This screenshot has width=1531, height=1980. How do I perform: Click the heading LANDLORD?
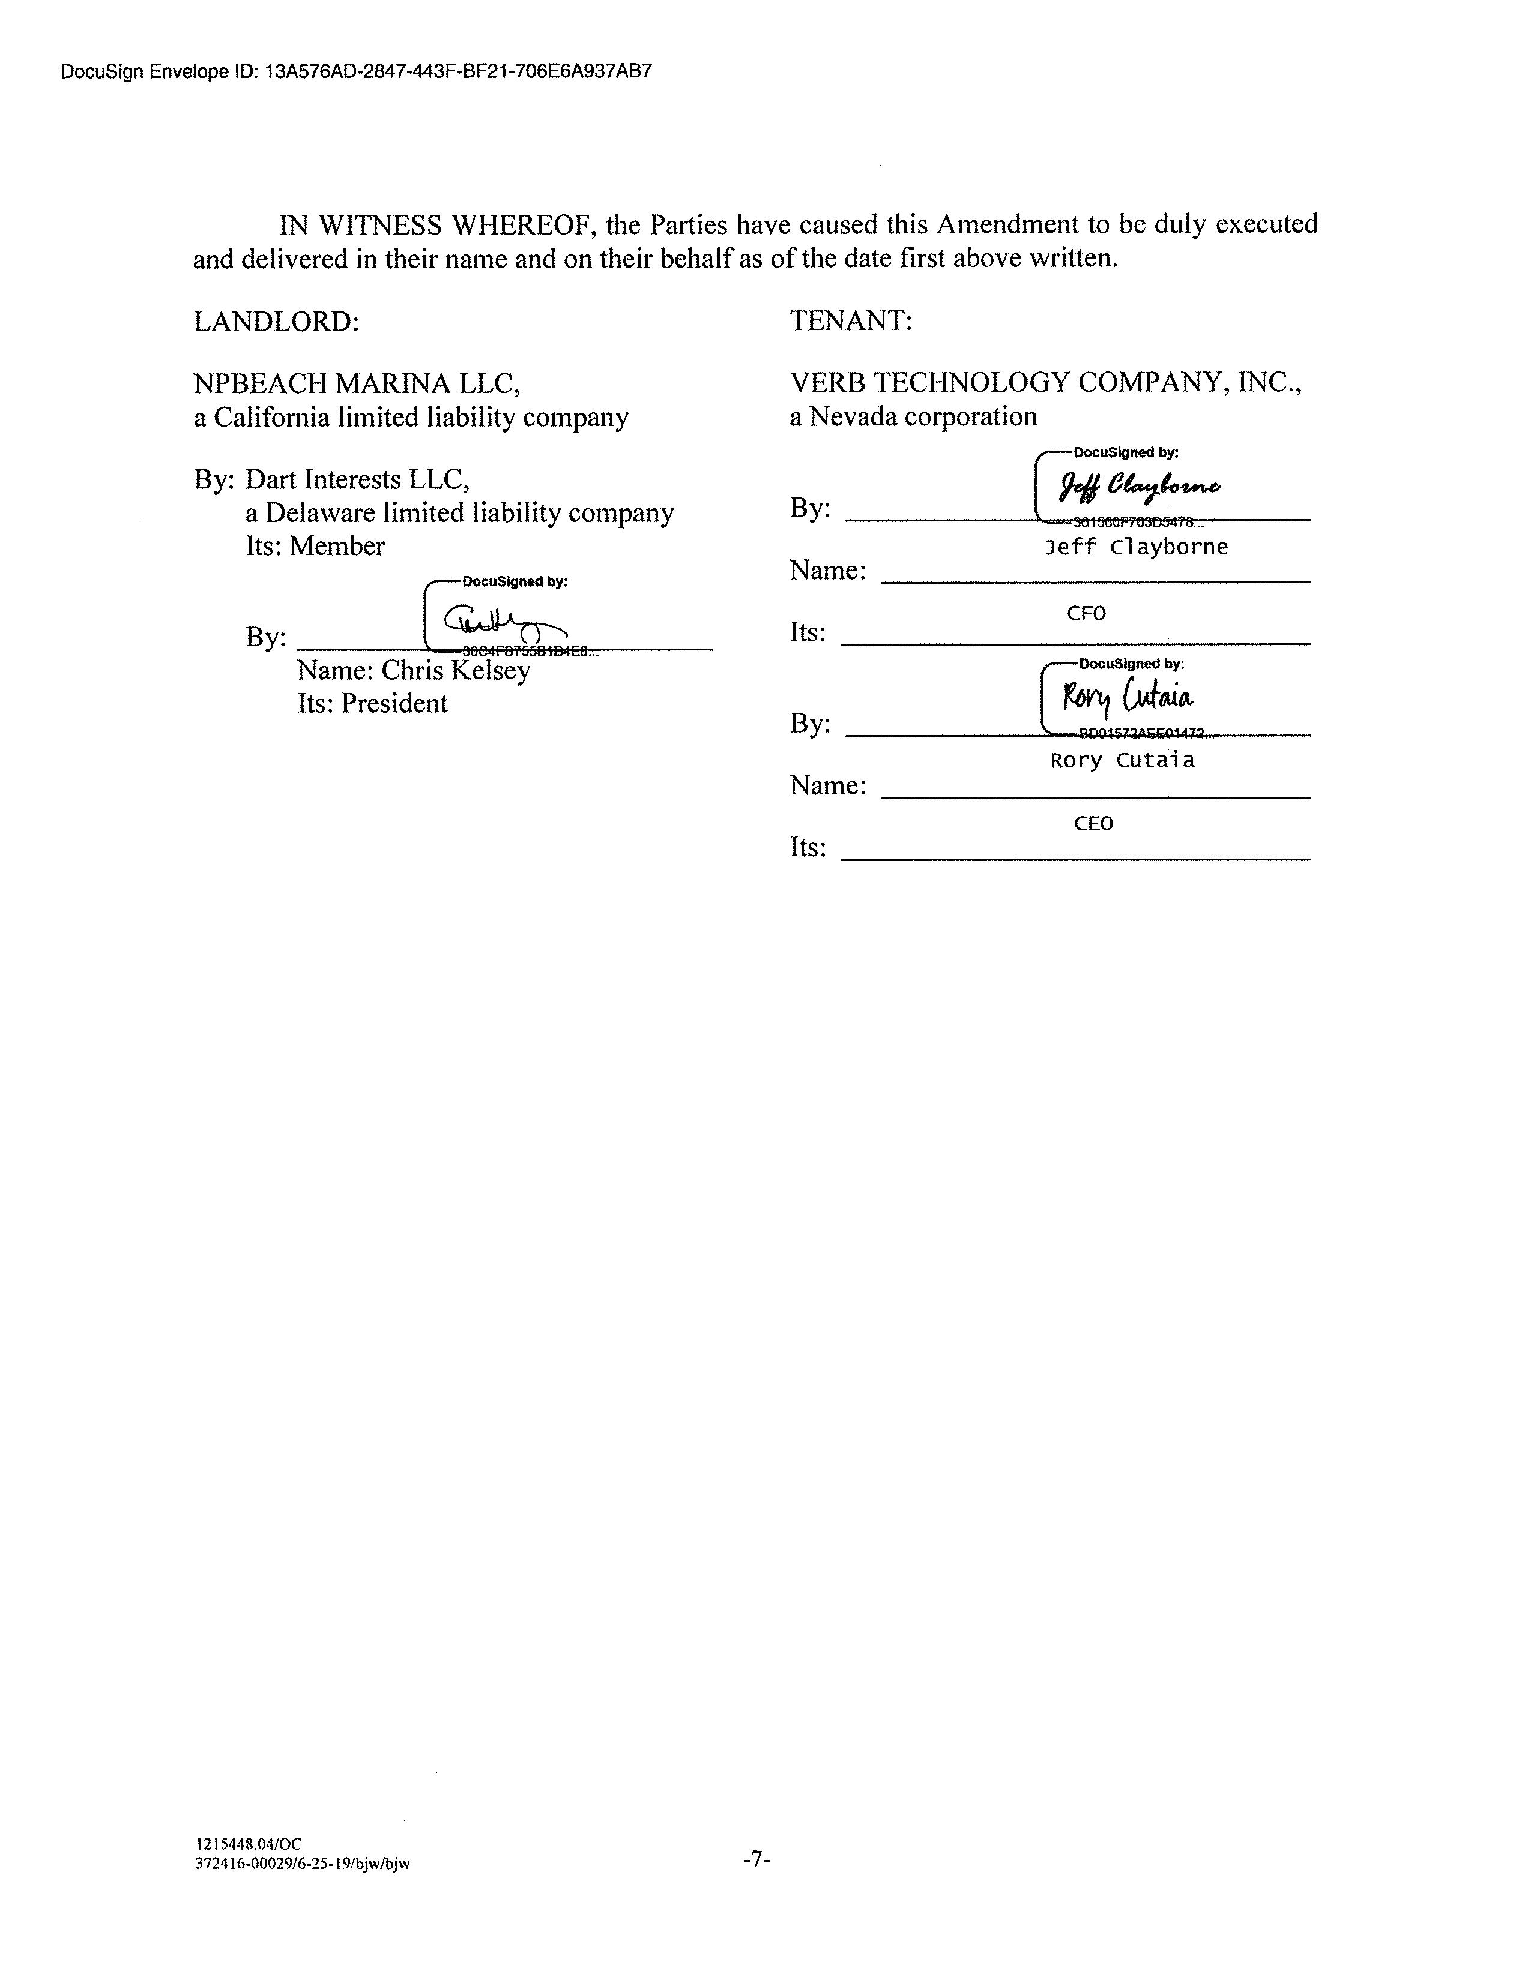tap(277, 322)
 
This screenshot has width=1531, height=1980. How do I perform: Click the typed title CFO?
tap(1086, 614)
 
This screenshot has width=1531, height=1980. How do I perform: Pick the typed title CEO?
tap(1093, 824)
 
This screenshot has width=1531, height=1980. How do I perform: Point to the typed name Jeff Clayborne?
tap(1137, 547)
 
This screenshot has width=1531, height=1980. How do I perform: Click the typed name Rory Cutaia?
tap(1122, 761)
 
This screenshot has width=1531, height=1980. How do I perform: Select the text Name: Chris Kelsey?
tap(414, 670)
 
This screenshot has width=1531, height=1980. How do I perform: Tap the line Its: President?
tap(373, 704)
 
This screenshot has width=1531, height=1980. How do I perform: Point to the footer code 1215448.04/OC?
tap(249, 1843)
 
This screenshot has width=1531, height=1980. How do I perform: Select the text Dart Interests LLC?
tap(357, 479)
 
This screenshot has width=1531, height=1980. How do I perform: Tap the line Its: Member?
tap(315, 546)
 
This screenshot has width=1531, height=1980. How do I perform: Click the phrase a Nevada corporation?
tap(913, 417)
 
